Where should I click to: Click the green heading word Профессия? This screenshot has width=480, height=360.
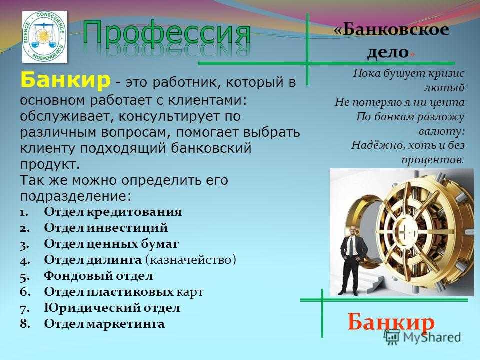(x=167, y=33)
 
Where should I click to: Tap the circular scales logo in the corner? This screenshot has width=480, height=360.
(x=44, y=36)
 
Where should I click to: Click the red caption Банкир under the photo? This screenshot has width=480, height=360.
(x=391, y=322)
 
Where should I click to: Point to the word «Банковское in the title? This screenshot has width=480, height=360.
(x=391, y=30)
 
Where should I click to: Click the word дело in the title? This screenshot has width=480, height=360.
(x=388, y=52)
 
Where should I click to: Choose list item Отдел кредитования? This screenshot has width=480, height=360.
(x=113, y=212)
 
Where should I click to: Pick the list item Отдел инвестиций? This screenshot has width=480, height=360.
(x=106, y=228)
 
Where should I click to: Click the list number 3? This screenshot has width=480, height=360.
(x=24, y=245)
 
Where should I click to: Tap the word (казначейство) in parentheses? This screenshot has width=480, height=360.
(x=190, y=260)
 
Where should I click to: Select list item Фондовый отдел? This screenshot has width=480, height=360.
(x=99, y=276)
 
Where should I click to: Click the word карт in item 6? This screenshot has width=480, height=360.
(x=190, y=292)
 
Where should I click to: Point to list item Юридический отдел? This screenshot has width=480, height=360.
(x=112, y=308)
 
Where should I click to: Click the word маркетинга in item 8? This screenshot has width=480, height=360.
(x=126, y=324)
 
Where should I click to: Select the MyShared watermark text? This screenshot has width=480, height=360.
(x=432, y=337)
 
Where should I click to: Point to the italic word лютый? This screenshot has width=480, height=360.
(x=444, y=88)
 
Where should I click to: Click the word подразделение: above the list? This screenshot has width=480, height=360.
(x=76, y=196)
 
